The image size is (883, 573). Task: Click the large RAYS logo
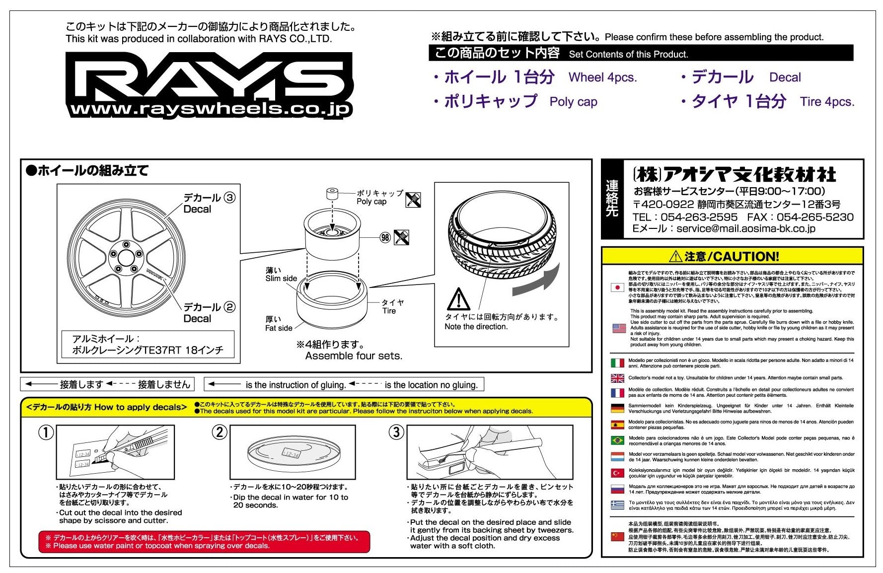[209, 79]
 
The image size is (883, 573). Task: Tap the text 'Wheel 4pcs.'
[602, 77]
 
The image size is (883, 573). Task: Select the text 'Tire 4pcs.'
[827, 102]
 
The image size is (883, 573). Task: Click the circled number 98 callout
[385, 237]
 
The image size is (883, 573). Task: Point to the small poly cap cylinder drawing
[332, 193]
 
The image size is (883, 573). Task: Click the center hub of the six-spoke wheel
[125, 259]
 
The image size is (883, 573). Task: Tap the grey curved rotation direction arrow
[536, 281]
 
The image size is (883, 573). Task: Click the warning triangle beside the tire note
[458, 299]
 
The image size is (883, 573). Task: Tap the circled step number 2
[220, 432]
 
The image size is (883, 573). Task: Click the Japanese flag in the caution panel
[617, 287]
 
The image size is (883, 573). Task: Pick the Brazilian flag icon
[617, 440]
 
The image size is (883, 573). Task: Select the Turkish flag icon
[617, 473]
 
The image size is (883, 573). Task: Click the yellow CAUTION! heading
[732, 256]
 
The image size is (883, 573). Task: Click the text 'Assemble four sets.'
[354, 356]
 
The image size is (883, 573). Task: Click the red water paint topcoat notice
[204, 542]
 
